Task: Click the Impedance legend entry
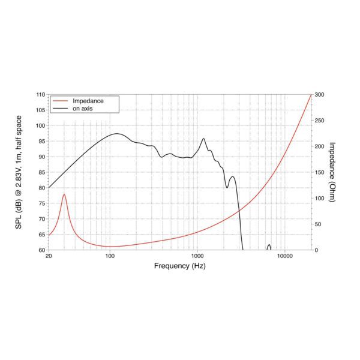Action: [x=88, y=101]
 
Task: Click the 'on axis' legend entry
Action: [x=84, y=109]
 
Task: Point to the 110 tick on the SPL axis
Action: [x=41, y=95]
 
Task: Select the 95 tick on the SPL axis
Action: [x=41, y=141]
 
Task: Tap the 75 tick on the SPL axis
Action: [x=41, y=203]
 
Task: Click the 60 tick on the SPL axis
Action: [x=41, y=250]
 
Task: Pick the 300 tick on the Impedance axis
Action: [x=319, y=95]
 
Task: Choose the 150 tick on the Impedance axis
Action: [x=319, y=172]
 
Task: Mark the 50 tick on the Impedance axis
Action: [x=318, y=224]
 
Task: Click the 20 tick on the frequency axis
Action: [x=49, y=256]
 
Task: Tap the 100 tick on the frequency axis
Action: [x=110, y=256]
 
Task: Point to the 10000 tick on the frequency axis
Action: [x=284, y=256]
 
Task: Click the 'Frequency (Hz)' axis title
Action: [x=180, y=265]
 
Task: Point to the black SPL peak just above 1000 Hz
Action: [x=203, y=139]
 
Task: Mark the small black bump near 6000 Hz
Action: [x=269, y=245]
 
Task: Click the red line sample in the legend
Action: [x=59, y=101]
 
